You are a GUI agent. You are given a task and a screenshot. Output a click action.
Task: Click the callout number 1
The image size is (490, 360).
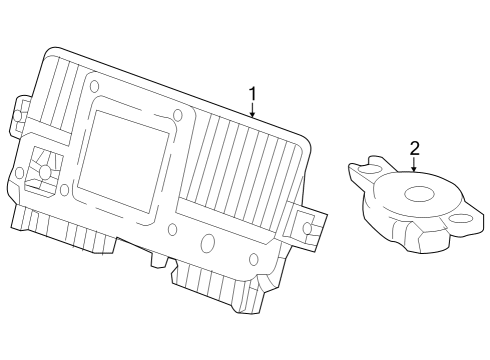[253, 94]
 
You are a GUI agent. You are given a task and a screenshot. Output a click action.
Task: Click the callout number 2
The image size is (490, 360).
[414, 148]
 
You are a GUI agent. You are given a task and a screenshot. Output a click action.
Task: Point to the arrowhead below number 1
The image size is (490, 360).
[253, 114]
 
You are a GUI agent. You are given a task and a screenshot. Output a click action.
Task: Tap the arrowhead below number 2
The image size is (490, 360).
[414, 168]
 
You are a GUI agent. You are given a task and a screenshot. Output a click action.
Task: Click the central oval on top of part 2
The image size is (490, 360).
[419, 194]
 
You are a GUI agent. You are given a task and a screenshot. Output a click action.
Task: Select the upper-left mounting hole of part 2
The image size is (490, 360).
[368, 171]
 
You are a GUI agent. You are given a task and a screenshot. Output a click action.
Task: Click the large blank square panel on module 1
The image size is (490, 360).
[123, 162]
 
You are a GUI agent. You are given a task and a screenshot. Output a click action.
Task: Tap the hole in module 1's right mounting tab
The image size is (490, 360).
[307, 228]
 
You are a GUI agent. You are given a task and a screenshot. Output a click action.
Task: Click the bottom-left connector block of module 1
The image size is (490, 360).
[63, 228]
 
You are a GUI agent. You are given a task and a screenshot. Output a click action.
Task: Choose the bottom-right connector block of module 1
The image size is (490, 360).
[217, 285]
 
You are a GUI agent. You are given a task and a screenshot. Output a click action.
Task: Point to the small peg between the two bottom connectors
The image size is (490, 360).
[158, 259]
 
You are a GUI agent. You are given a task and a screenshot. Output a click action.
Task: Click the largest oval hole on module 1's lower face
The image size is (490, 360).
[208, 241]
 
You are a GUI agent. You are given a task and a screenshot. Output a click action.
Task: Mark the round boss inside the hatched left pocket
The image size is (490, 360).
[44, 171]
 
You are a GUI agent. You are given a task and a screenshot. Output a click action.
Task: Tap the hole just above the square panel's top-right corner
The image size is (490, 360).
[178, 115]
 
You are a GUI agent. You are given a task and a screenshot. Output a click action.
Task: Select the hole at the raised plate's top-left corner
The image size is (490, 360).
[95, 86]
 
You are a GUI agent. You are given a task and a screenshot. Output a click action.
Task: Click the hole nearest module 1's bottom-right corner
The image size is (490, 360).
[254, 259]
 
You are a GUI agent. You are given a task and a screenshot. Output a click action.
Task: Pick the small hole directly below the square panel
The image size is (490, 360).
[172, 229]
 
